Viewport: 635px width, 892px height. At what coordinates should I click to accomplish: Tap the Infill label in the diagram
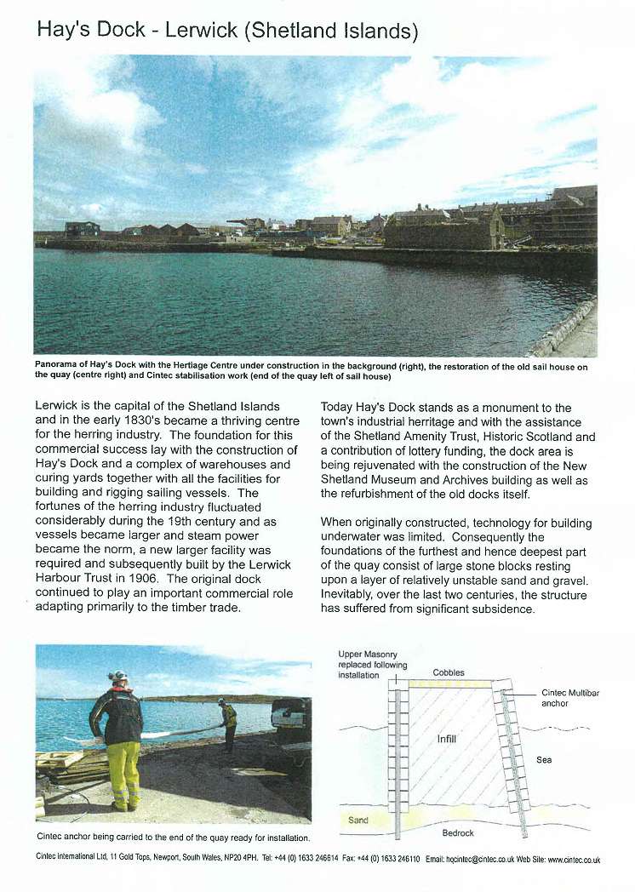click(447, 739)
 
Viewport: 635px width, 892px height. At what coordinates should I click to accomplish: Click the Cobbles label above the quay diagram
click(449, 672)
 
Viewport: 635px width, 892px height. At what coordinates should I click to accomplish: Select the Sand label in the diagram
click(359, 820)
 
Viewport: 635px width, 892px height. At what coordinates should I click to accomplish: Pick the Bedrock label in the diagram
click(459, 832)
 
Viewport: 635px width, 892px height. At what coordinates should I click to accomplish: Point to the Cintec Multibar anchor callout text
click(569, 698)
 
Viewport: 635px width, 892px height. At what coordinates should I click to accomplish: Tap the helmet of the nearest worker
click(118, 676)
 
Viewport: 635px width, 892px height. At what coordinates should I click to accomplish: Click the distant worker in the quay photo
click(228, 723)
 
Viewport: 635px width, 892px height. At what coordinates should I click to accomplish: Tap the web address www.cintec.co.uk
click(574, 860)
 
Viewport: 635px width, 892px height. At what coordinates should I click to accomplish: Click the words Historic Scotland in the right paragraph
click(529, 437)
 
